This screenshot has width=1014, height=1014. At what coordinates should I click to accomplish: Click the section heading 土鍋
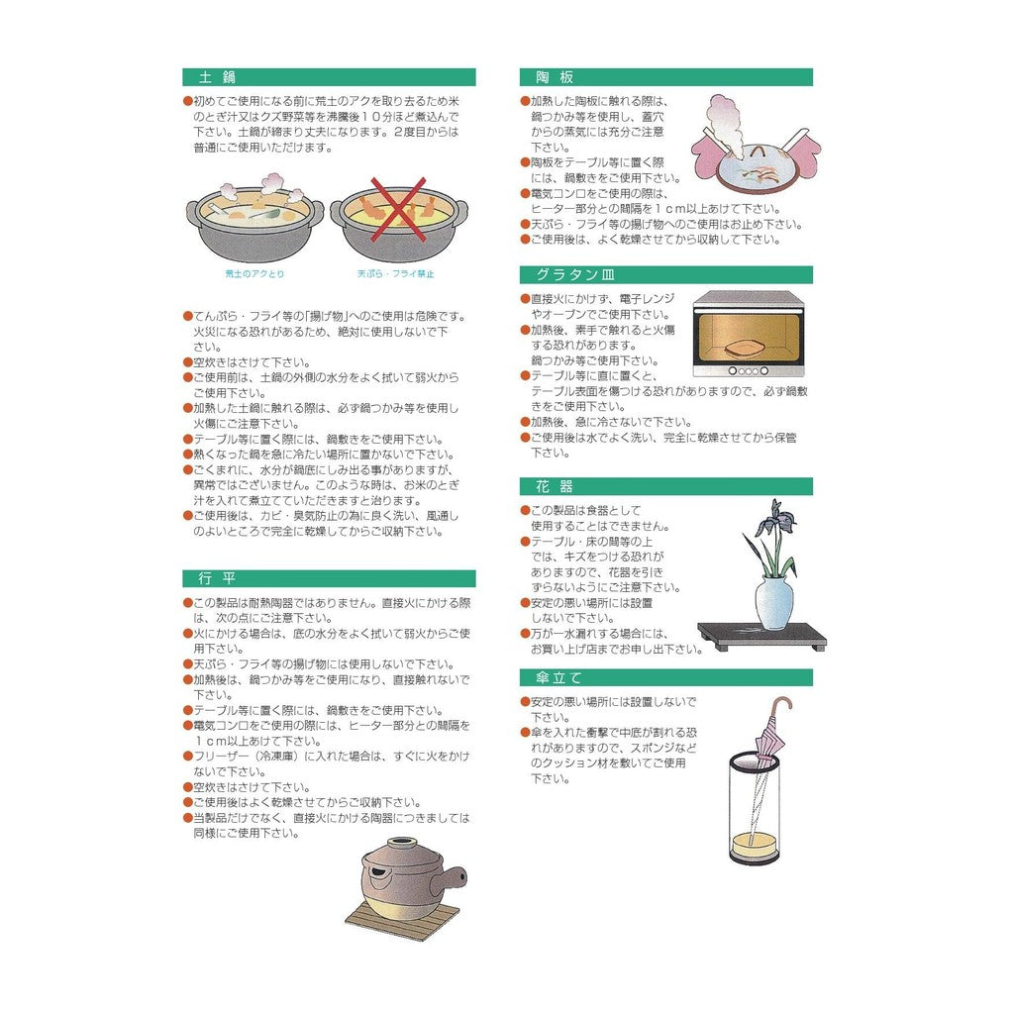point(217,77)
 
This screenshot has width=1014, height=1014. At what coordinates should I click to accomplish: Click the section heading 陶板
point(555,77)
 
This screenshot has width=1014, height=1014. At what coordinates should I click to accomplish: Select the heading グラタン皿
point(575,275)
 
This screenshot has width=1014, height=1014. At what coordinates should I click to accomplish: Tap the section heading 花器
point(555,486)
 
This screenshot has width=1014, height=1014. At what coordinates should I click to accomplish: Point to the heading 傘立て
point(559,677)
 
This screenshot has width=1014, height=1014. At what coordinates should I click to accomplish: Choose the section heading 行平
point(217,578)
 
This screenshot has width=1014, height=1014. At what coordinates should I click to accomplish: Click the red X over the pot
point(398,210)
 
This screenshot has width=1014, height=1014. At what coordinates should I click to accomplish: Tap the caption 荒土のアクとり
point(254,273)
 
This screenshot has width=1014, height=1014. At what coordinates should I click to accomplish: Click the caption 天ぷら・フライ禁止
point(396,273)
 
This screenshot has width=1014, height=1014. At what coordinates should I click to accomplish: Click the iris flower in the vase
point(779,516)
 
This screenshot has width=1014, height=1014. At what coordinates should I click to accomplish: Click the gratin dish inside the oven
point(746,349)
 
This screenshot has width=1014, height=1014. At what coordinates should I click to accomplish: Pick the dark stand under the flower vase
point(761,636)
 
